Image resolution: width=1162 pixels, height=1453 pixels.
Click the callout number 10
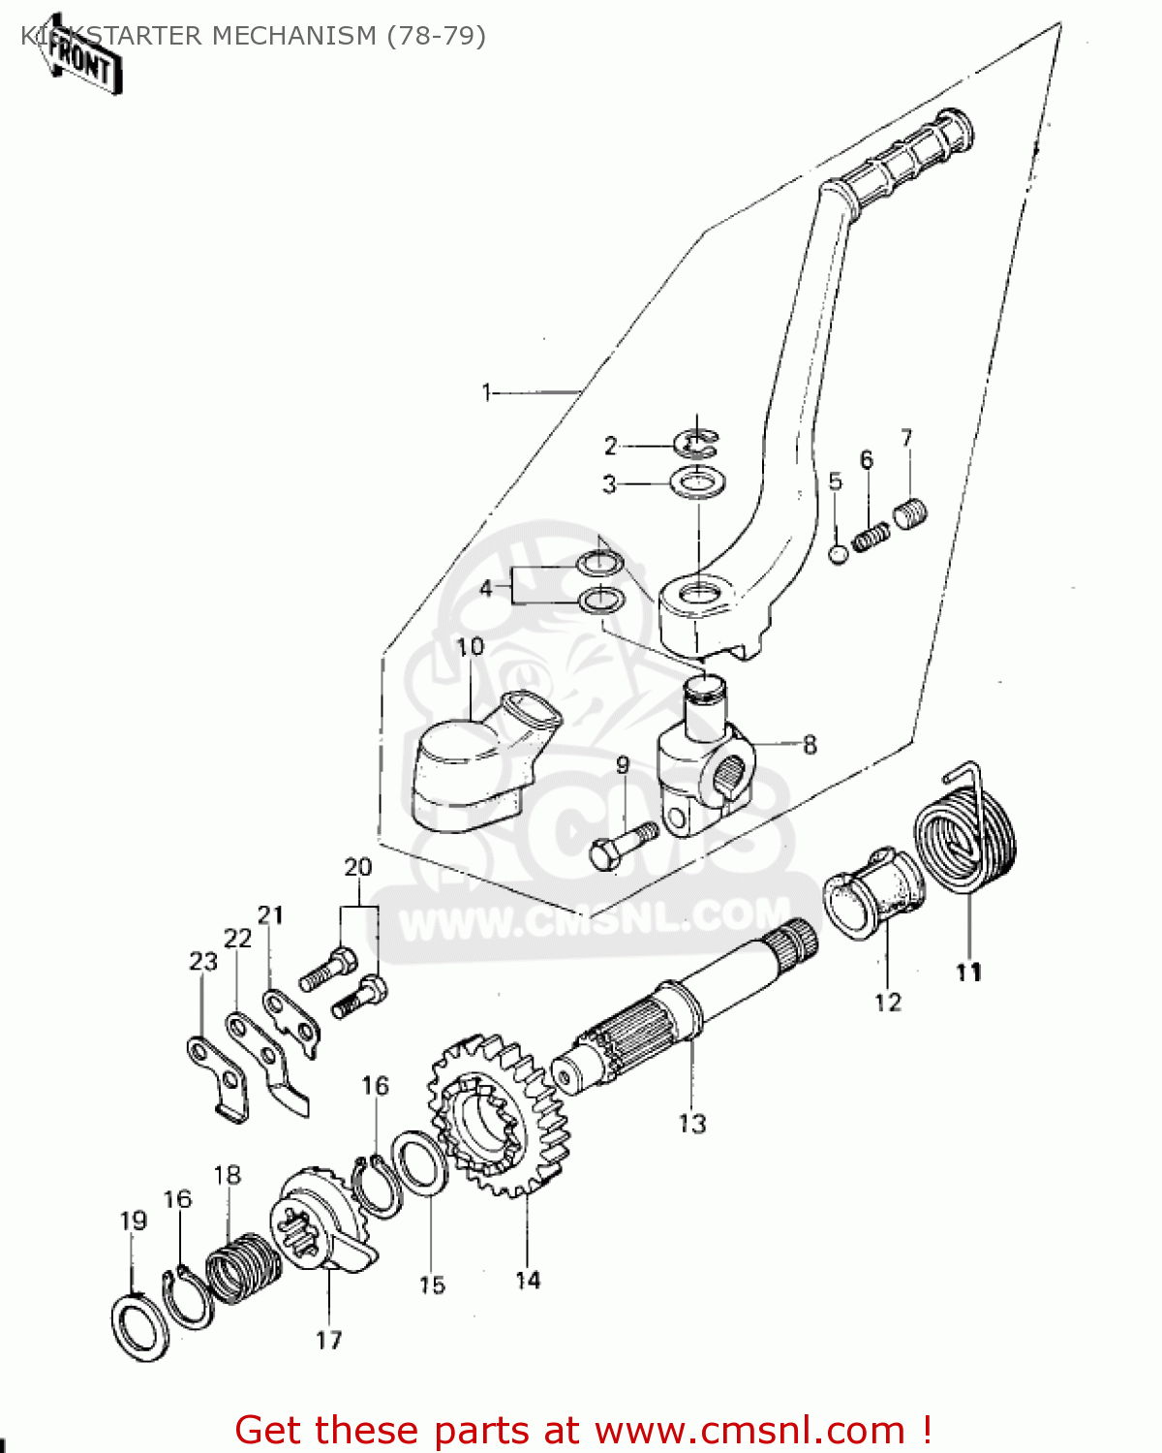(470, 647)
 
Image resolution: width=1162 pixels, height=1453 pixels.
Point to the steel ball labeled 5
(839, 555)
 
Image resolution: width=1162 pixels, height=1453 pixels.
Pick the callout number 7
(906, 439)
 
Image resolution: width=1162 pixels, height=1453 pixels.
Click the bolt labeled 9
(620, 846)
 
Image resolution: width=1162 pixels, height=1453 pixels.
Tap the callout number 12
(888, 1002)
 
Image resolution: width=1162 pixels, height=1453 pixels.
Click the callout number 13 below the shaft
(692, 1124)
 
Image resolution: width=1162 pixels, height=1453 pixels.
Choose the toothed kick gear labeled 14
(499, 1114)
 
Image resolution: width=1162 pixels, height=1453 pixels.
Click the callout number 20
(358, 867)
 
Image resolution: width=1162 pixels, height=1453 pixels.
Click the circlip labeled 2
(695, 445)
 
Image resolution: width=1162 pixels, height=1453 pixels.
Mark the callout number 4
(486, 588)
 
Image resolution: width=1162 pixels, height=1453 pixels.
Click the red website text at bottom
(583, 1430)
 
